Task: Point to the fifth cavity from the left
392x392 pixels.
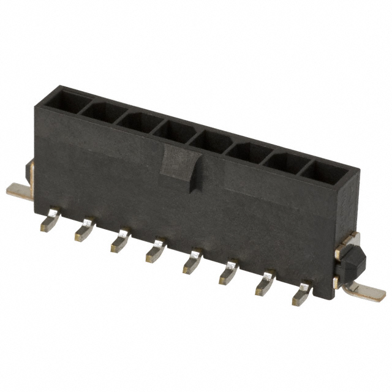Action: click(211, 141)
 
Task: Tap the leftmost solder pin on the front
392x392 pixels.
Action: click(49, 221)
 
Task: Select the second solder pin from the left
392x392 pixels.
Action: click(84, 231)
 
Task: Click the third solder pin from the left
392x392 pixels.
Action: click(120, 241)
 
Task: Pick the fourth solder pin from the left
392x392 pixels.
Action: click(156, 251)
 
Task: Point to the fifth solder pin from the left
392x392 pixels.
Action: click(192, 261)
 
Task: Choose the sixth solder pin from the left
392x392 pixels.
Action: click(228, 271)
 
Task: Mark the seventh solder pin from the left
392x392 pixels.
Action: click(265, 282)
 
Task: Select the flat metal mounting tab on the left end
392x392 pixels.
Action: click(20, 190)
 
